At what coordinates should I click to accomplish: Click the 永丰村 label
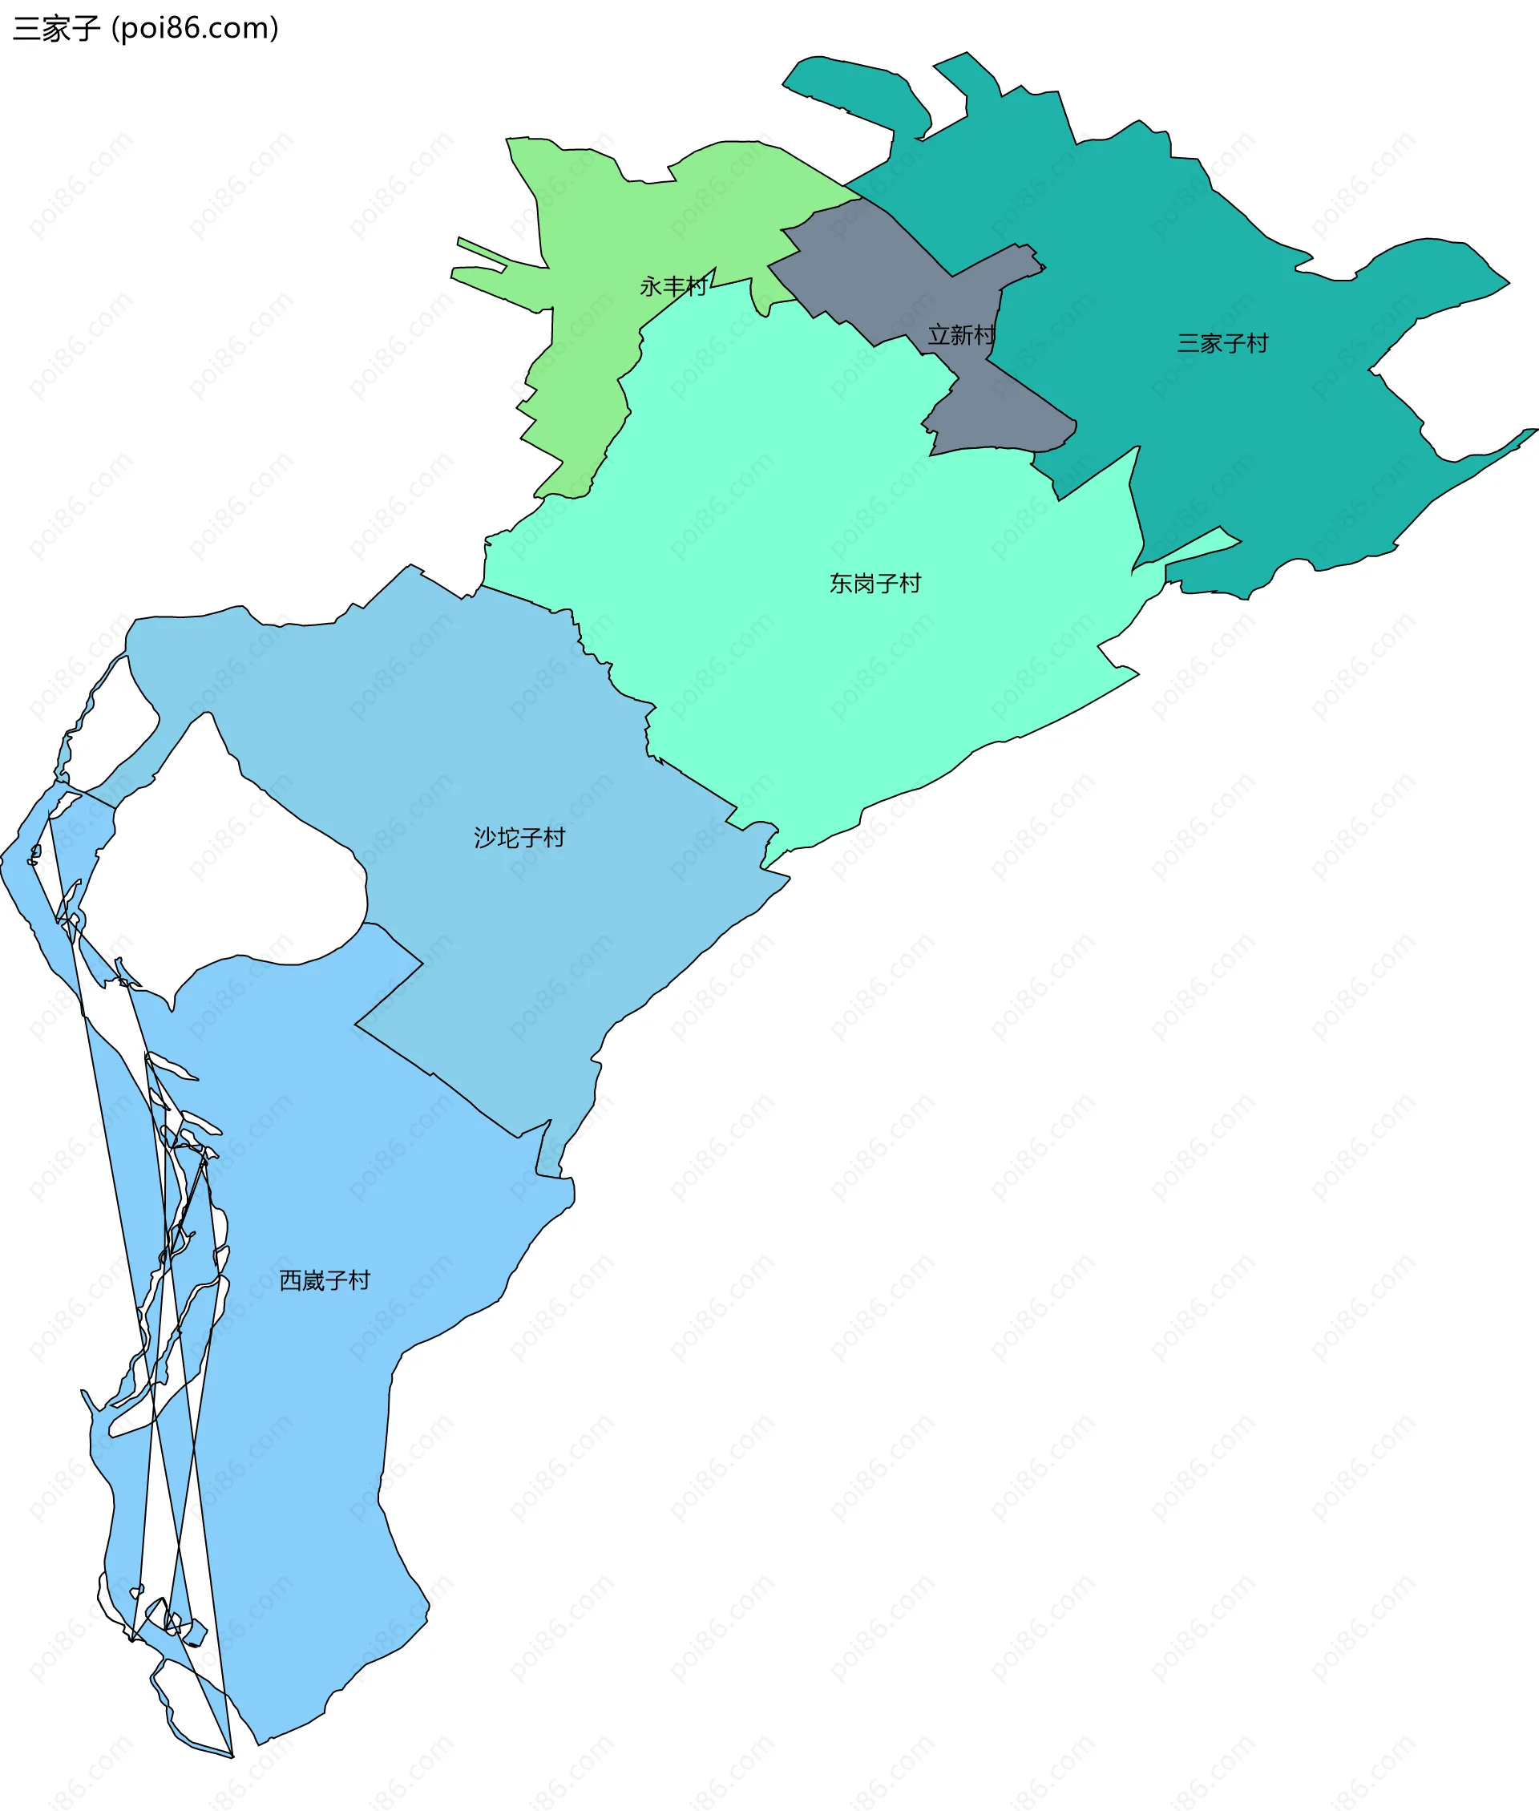click(673, 286)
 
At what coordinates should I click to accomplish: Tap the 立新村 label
click(961, 335)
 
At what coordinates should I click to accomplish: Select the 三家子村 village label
click(1222, 344)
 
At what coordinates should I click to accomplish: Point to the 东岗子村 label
click(875, 584)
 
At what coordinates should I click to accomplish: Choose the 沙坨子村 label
click(519, 838)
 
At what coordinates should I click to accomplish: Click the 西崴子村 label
click(325, 1280)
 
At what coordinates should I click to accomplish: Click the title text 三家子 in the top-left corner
click(57, 29)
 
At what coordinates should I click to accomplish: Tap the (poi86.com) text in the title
click(196, 29)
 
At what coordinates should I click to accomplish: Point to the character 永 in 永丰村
click(651, 286)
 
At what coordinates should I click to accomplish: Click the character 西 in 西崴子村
click(290, 1280)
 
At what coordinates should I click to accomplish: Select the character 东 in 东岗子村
click(841, 584)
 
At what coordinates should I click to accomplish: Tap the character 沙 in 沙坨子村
click(485, 838)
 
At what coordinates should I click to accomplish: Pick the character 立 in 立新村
click(939, 335)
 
